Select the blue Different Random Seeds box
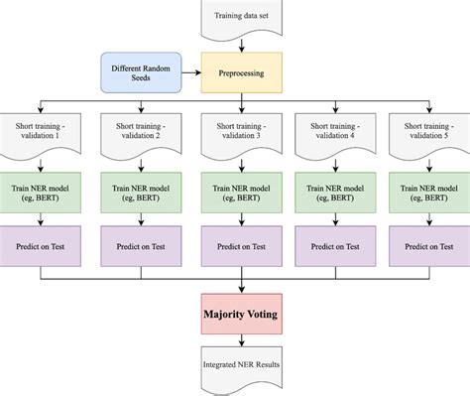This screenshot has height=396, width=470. pyautogui.click(x=142, y=72)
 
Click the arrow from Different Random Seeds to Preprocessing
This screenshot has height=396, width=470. pyautogui.click(x=190, y=72)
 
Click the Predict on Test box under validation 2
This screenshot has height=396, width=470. pyautogui.click(x=138, y=245)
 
